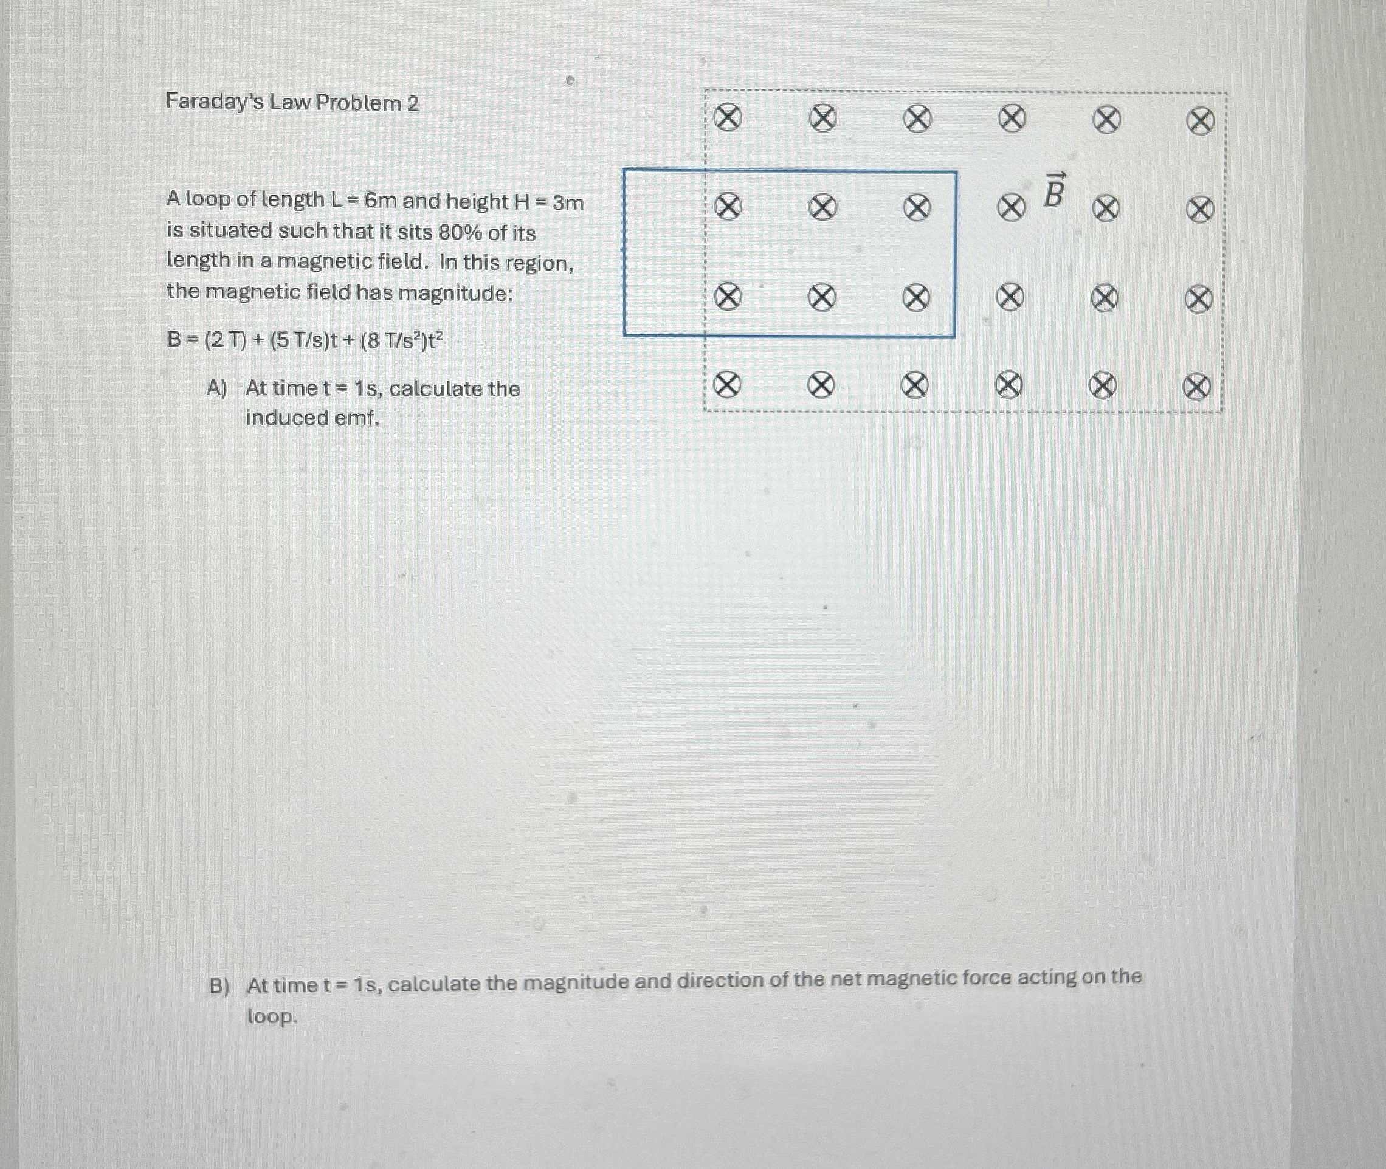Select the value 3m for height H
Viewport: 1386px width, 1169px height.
coord(568,202)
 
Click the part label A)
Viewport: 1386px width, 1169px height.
coord(216,388)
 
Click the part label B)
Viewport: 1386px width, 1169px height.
coord(219,986)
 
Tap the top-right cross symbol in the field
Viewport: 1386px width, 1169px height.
coord(1200,122)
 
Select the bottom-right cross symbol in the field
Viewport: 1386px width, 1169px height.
coord(1196,388)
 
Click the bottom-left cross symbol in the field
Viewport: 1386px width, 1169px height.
coord(726,385)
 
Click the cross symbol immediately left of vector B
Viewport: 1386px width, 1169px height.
coord(1011,209)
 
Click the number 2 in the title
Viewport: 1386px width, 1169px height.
coord(413,104)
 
